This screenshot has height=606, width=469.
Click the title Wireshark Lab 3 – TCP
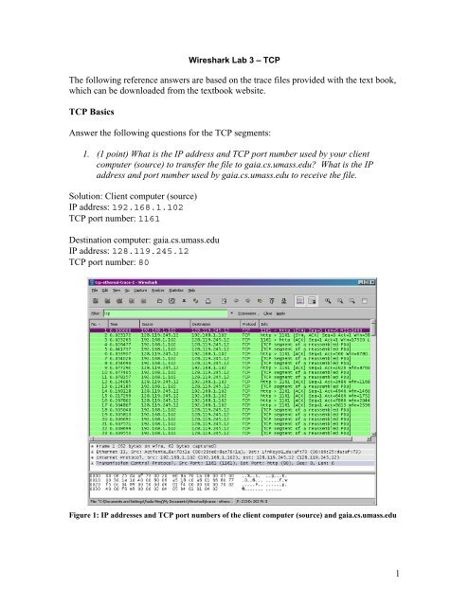click(x=233, y=59)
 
